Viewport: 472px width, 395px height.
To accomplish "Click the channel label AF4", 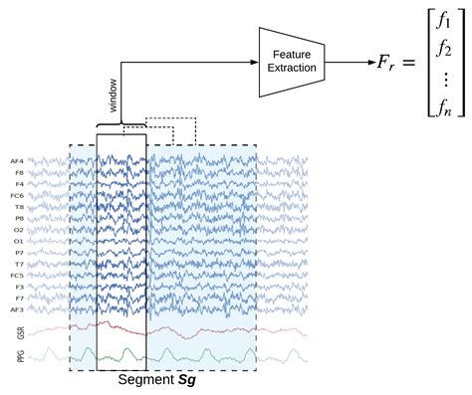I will tap(17, 160).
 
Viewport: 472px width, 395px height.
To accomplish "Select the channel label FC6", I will tap(17, 194).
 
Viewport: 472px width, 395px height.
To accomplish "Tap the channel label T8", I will tap(18, 206).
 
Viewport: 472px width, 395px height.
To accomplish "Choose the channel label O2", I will tap(18, 229).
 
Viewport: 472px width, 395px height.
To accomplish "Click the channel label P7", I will tap(18, 252).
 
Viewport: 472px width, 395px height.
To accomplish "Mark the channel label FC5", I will tap(17, 275).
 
